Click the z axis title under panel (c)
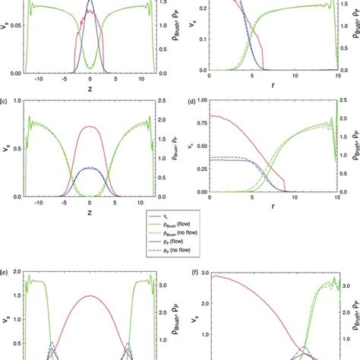[x=90, y=210]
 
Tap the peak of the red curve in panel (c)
[x=90, y=127]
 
